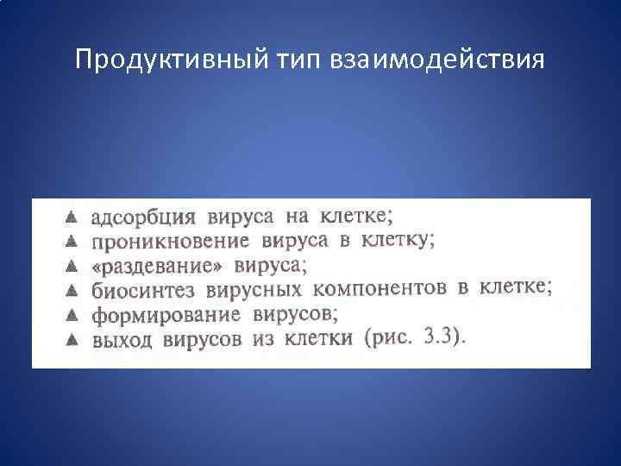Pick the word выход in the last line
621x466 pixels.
(x=121, y=339)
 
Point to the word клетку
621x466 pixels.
(x=397, y=238)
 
